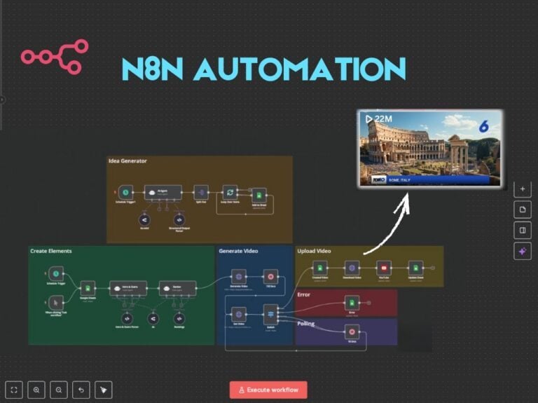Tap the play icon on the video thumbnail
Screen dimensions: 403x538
tap(368, 119)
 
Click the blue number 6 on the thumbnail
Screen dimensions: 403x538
tap(483, 127)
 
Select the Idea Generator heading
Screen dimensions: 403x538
tap(127, 161)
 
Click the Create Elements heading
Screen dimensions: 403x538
tap(51, 250)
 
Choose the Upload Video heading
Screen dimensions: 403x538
tap(314, 250)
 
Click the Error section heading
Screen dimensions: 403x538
tap(305, 294)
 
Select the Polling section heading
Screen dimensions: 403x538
tap(306, 324)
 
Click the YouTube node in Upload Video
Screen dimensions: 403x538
tap(383, 267)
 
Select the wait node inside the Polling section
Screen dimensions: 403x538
tap(352, 332)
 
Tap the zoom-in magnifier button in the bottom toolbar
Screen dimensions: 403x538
tap(36, 390)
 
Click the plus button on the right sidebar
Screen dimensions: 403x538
tap(523, 189)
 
